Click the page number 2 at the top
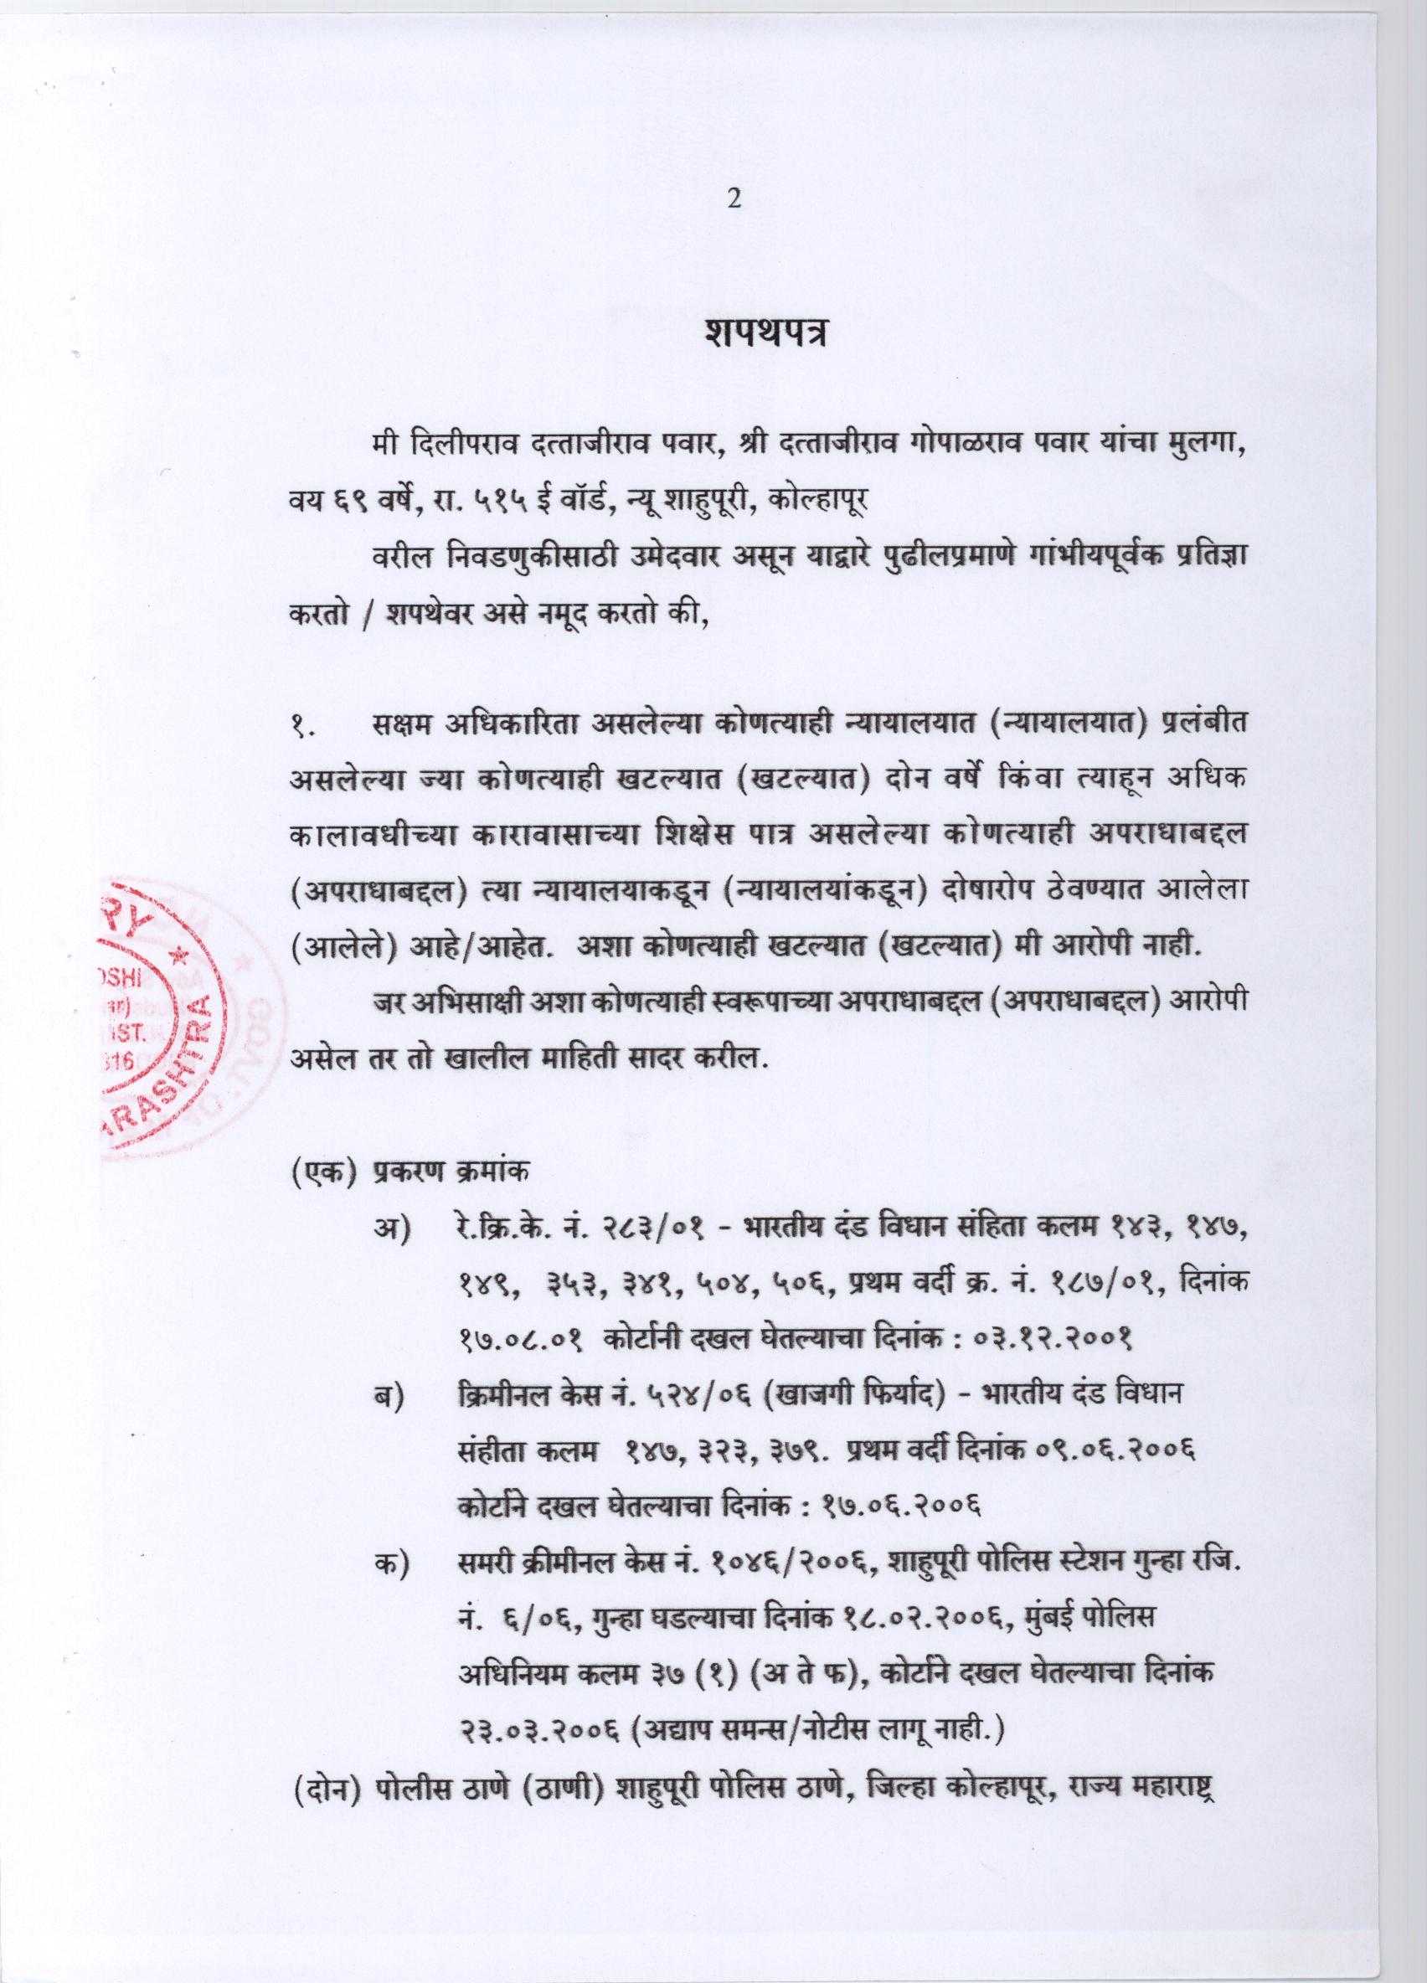(x=734, y=200)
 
